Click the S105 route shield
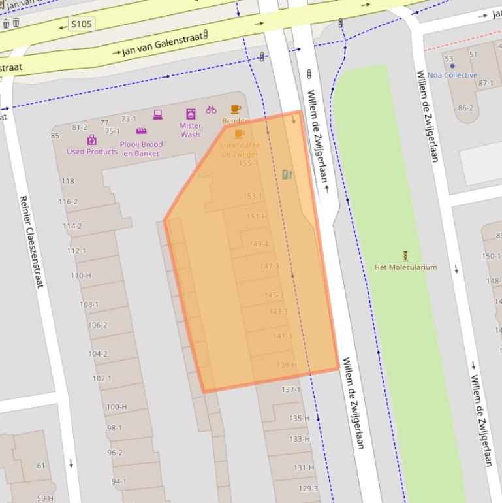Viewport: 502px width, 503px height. coord(82,25)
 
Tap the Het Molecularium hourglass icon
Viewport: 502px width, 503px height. coord(405,255)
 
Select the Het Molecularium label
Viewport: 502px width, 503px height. coord(405,267)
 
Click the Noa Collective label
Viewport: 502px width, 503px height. coord(452,75)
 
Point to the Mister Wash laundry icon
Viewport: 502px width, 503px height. coord(191,114)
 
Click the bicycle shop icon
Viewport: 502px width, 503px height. coord(211,110)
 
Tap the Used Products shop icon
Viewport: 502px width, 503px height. coord(91,140)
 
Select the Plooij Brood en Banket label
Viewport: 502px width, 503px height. coord(141,148)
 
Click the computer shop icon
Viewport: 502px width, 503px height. coord(158,114)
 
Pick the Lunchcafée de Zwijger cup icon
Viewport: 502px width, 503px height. coord(239,134)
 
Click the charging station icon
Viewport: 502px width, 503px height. coord(287,174)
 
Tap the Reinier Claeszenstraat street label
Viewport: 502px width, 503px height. coord(31,242)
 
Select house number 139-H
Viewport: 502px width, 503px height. coord(286,365)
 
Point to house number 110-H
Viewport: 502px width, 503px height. coord(80,276)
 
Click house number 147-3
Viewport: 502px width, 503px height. coord(269,266)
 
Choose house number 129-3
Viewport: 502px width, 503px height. coord(307,489)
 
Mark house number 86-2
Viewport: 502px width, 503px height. coord(465,108)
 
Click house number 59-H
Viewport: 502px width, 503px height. coord(45,498)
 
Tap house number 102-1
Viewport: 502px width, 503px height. coord(101,379)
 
